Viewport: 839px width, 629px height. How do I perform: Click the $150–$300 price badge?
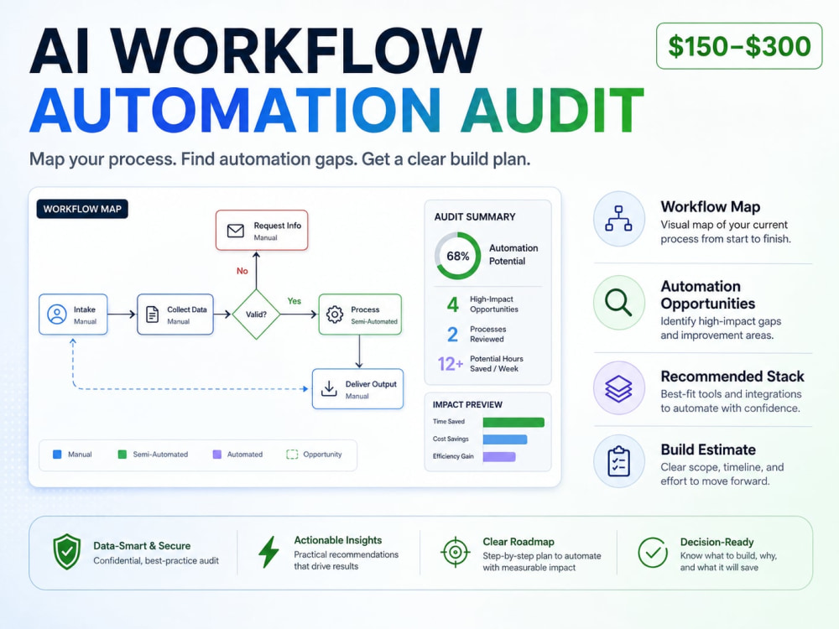[x=739, y=46]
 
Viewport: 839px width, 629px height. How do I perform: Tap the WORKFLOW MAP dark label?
[x=82, y=209]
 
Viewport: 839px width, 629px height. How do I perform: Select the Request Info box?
[x=262, y=230]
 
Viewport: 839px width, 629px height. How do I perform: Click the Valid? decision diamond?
[x=256, y=314]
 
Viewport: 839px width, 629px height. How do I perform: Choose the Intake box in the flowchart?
[x=73, y=314]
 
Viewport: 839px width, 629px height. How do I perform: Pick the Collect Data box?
[x=175, y=314]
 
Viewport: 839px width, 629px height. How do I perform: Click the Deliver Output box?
[x=358, y=389]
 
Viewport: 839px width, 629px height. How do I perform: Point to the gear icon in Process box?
[x=335, y=314]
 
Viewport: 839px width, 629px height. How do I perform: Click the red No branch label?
[x=242, y=271]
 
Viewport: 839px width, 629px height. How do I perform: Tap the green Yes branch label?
[x=294, y=301]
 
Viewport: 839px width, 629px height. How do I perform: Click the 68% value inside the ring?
[x=458, y=256]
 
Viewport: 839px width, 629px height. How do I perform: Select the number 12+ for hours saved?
[x=451, y=364]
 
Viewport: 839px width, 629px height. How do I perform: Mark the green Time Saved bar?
[x=513, y=423]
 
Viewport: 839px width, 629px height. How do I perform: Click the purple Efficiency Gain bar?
[x=499, y=457]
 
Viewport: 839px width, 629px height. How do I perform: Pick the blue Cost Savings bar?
[x=505, y=439]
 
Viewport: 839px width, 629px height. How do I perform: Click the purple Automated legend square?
[x=217, y=455]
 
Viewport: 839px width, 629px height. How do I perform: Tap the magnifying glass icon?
[x=618, y=303]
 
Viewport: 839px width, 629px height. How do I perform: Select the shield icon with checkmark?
[x=67, y=552]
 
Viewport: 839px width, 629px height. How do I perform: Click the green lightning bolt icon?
[x=268, y=552]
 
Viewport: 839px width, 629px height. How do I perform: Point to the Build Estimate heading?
[x=708, y=450]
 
